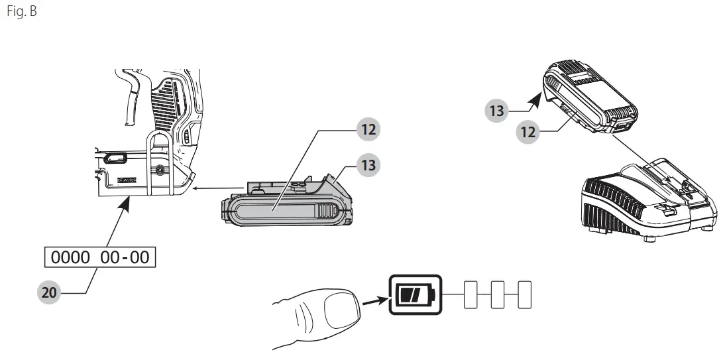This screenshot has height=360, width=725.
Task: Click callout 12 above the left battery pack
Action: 368,129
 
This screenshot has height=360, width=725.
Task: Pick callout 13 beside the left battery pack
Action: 368,164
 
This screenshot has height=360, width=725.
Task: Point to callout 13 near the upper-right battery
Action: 497,110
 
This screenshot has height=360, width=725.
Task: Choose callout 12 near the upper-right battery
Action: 528,131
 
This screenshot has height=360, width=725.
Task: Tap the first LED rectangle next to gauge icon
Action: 470,293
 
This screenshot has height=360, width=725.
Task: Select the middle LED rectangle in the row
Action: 497,293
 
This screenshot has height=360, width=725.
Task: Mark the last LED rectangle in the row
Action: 524,293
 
